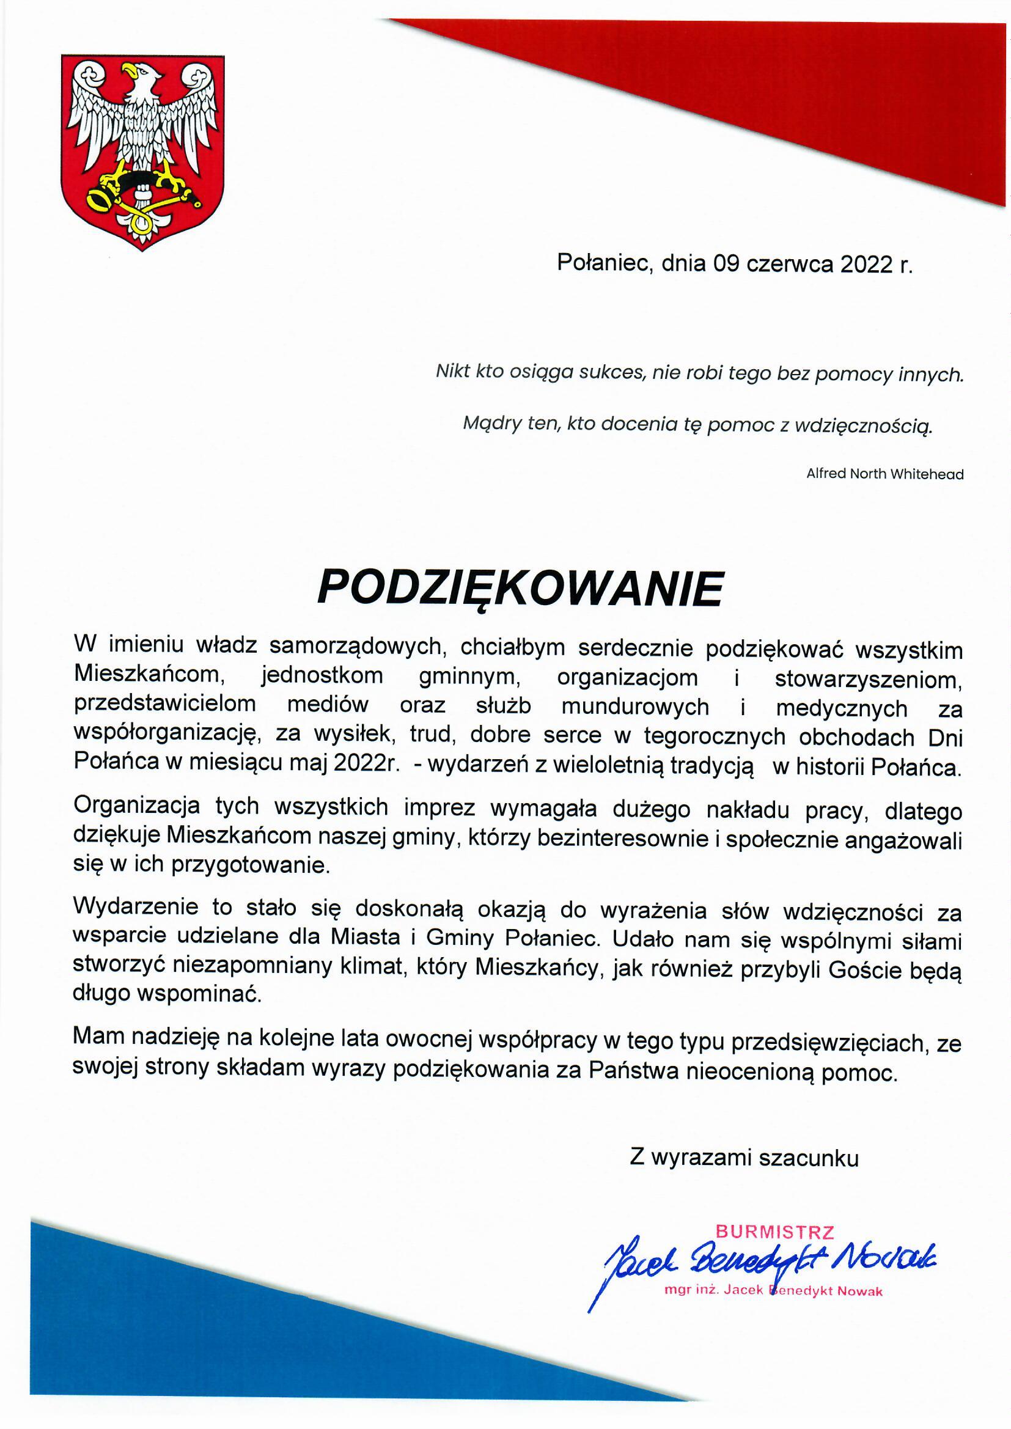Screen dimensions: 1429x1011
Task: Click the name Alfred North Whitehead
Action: [884, 474]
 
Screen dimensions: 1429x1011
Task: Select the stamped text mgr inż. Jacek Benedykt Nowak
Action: [773, 1291]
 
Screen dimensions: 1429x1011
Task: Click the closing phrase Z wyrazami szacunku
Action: [744, 1158]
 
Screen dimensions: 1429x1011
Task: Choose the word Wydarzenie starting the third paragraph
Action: [136, 906]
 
